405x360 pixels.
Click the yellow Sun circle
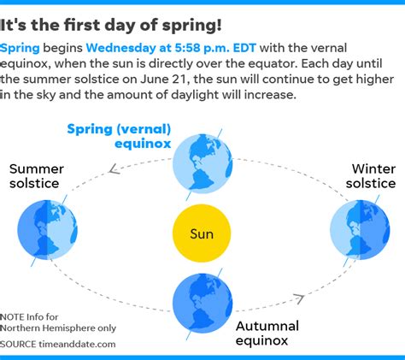pos(202,233)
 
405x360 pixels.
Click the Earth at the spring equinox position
pos(202,164)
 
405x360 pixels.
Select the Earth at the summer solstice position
pos(47,230)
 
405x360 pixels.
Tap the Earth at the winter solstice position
pos(360,230)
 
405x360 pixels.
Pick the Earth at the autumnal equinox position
pos(202,304)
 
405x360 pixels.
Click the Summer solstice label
pos(37,176)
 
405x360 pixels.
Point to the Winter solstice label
pos(371,176)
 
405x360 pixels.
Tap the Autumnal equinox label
pos(267,333)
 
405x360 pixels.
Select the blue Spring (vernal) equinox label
pos(119,136)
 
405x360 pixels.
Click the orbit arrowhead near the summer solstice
pos(114,169)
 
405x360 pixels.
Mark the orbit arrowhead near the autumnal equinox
pos(299,298)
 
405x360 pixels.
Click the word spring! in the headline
pos(191,26)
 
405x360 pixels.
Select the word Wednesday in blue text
pos(121,48)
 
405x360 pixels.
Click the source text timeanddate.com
pos(77,345)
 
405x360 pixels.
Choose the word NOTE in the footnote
pos(12,317)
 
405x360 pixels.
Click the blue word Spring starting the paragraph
pos(20,49)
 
